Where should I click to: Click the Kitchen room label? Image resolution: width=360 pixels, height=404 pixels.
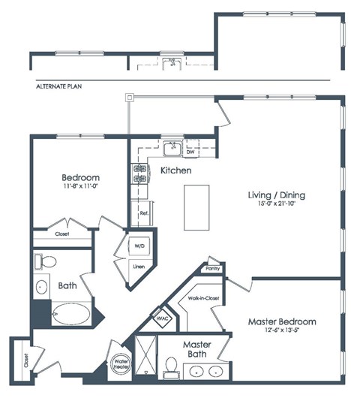[175, 171]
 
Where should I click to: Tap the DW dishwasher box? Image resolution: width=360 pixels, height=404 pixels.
[190, 151]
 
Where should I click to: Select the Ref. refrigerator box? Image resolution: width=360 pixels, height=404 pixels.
[144, 213]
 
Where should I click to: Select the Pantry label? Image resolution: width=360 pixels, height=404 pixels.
[213, 268]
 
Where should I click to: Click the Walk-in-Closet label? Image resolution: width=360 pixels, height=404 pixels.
[204, 298]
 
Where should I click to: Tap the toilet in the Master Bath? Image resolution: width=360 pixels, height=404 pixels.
[171, 366]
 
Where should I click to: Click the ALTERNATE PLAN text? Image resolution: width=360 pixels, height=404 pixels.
[59, 86]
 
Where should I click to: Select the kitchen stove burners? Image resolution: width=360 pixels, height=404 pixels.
[139, 174]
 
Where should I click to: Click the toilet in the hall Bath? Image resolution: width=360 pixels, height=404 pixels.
[46, 262]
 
